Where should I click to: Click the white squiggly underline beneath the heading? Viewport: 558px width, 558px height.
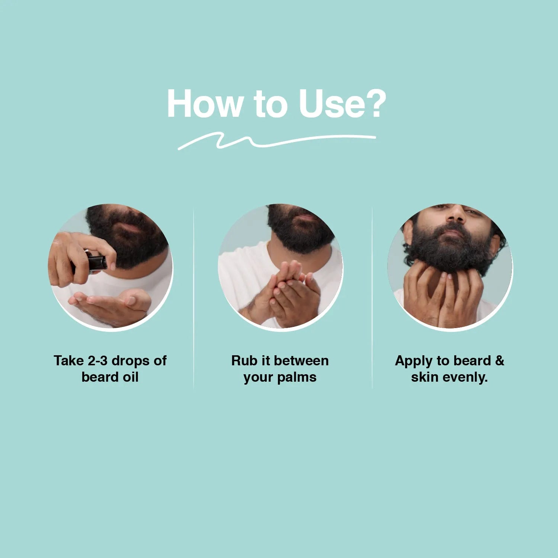277,141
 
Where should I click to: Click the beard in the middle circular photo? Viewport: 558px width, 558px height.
299,227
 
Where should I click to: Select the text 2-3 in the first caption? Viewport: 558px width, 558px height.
97,360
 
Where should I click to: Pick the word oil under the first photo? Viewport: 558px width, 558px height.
130,377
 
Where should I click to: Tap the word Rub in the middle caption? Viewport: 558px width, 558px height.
242,360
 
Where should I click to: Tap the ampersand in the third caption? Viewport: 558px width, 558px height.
500,360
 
